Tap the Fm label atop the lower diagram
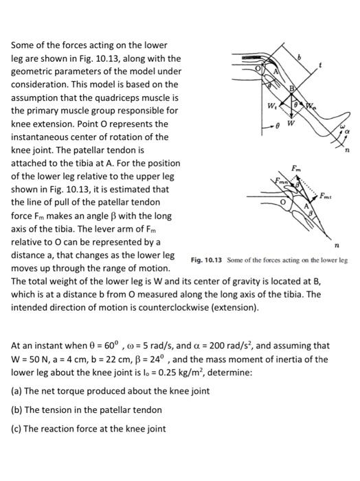coord(295,167)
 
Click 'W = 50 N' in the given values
coord(33,359)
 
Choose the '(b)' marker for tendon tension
coord(17,410)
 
